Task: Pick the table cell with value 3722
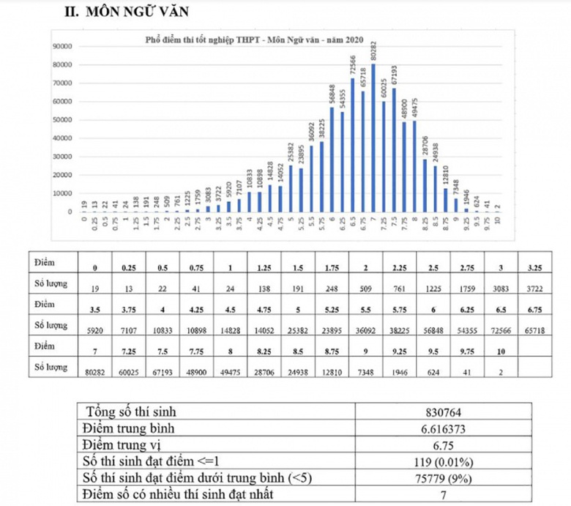(x=534, y=288)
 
